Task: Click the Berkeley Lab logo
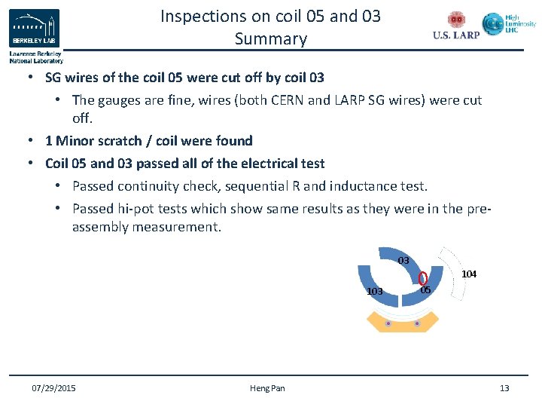click(x=35, y=29)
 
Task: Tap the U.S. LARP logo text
click(x=456, y=35)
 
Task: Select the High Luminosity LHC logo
click(x=510, y=25)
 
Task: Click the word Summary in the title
click(x=270, y=38)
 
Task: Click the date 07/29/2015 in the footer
click(x=53, y=388)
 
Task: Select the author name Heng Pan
click(x=267, y=388)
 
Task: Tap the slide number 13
click(x=504, y=388)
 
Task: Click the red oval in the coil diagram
click(x=422, y=279)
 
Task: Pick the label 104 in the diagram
click(x=468, y=274)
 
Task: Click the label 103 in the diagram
click(x=374, y=291)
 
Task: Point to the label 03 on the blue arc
click(x=403, y=261)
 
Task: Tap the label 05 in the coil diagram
click(x=425, y=290)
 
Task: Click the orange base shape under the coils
click(x=402, y=322)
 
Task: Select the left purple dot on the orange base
click(x=388, y=323)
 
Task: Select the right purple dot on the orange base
click(x=416, y=323)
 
